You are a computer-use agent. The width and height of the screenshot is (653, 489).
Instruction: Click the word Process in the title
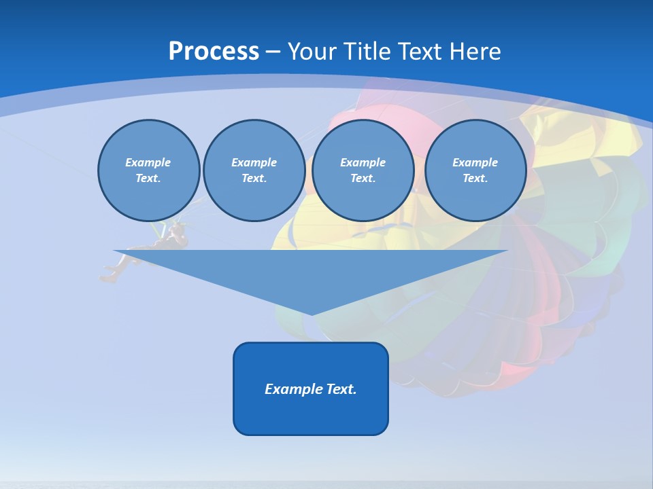click(x=214, y=52)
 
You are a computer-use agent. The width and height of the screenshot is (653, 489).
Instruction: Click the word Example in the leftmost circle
click(x=148, y=162)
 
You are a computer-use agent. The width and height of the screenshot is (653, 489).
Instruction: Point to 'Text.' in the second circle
click(x=254, y=179)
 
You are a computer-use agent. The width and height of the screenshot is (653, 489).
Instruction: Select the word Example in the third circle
click(x=363, y=162)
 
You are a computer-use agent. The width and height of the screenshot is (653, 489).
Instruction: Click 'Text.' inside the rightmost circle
click(x=475, y=179)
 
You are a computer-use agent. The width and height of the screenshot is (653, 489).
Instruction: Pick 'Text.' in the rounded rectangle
click(x=341, y=389)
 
